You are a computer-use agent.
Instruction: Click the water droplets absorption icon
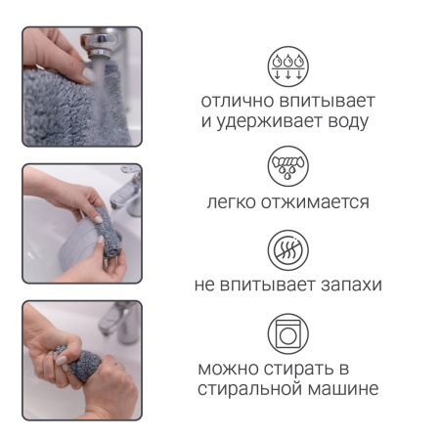coord(287,66)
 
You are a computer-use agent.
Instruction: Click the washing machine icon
coord(287,333)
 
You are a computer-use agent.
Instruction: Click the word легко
coord(232,202)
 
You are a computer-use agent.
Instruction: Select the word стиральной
coord(248,390)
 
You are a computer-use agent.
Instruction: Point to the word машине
coord(342,390)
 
